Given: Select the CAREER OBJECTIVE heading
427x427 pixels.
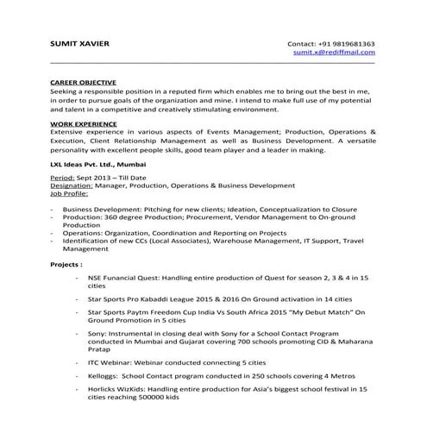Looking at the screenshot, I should (82, 82).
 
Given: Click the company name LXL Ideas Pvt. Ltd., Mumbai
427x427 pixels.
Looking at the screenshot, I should (98, 163).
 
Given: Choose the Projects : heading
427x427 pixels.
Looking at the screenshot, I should (66, 265).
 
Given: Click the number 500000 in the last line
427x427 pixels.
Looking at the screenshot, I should (160, 400).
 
